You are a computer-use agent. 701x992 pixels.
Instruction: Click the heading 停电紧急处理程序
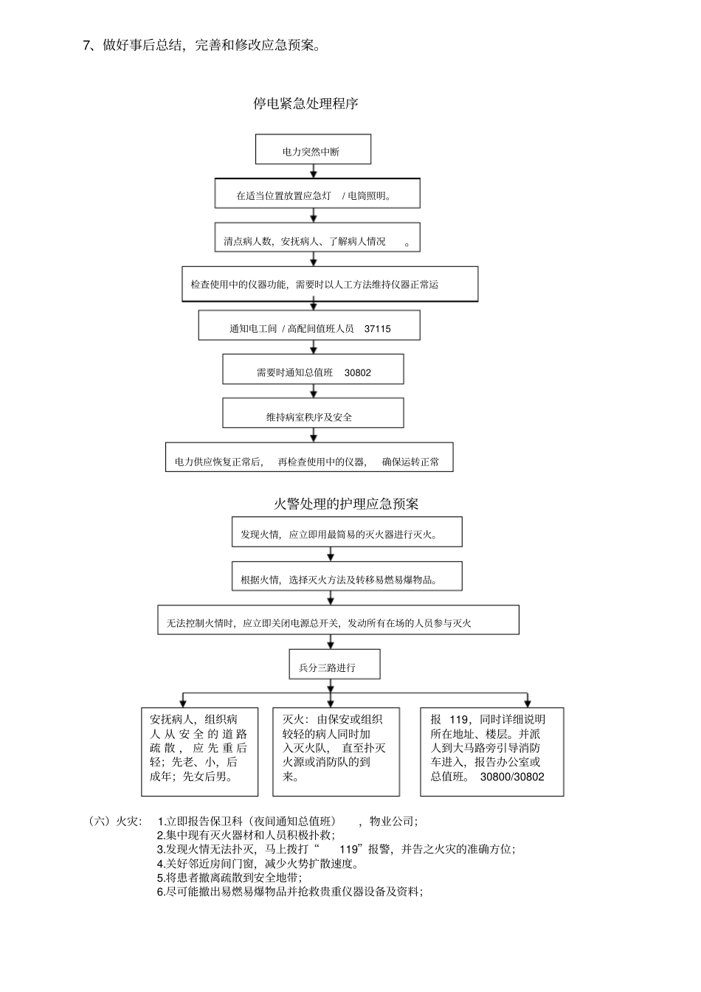point(305,104)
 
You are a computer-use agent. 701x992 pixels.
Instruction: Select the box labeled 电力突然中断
point(313,150)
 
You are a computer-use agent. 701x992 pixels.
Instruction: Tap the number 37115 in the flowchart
point(377,329)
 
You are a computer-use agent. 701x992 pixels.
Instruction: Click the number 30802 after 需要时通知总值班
point(358,373)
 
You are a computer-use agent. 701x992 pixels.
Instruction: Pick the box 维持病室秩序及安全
point(313,414)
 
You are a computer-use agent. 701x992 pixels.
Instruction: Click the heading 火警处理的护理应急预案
point(346,504)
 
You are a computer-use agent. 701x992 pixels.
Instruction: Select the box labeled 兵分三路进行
point(334,665)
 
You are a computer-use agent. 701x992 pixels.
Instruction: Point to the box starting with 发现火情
point(347,532)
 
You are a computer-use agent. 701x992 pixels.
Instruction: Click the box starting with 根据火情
point(347,577)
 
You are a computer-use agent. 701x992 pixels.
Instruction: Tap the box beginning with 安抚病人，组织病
point(199,752)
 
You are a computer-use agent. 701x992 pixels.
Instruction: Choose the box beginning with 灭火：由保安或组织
point(336,752)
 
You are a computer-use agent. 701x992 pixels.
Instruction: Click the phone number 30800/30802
point(511,777)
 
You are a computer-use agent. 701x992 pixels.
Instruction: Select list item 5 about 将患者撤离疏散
point(229,878)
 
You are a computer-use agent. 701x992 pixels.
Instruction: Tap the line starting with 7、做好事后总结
point(202,46)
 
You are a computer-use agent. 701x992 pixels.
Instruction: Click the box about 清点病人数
point(317,238)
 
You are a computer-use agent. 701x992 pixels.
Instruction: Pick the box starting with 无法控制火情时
point(338,620)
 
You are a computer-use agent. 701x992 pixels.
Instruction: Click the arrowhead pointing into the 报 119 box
point(527,703)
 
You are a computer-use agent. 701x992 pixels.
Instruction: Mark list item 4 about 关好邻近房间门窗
point(258,864)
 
